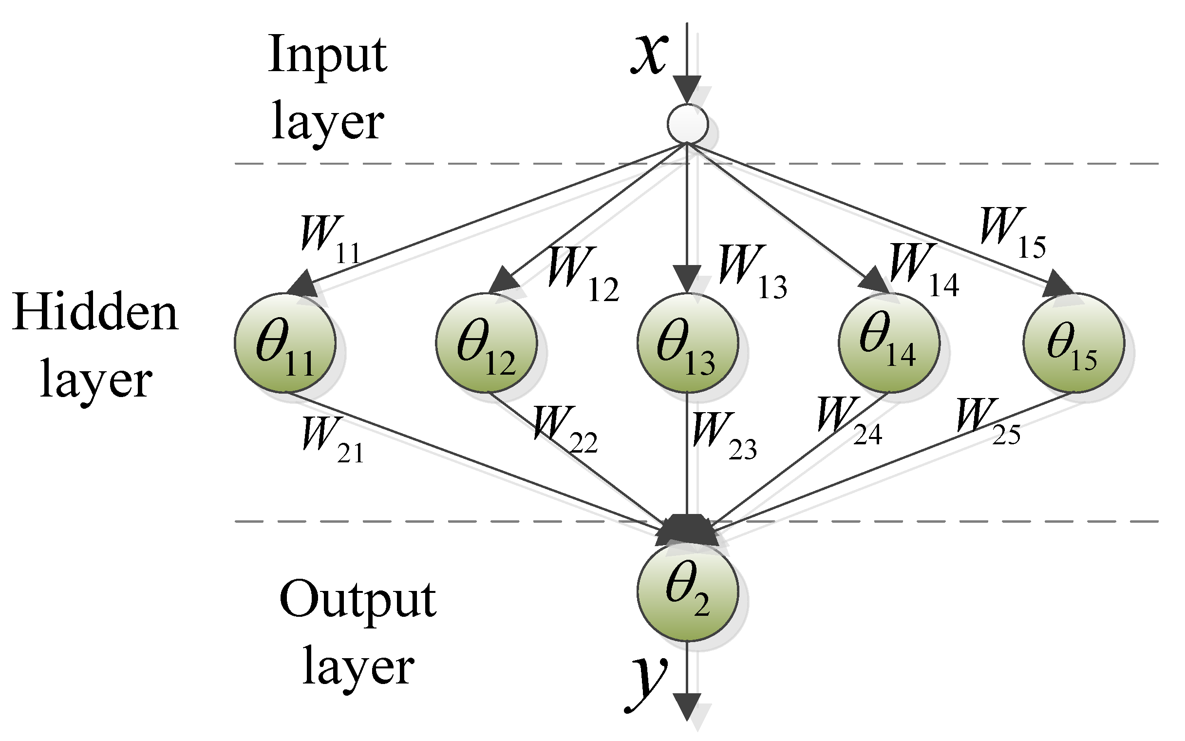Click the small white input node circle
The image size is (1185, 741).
coord(687,124)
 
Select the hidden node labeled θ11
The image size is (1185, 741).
coord(284,342)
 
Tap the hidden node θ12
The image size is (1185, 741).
coord(486,342)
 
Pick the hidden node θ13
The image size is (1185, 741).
coord(687,342)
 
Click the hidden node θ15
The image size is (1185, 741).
coord(1073,342)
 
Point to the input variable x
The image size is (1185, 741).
coord(649,54)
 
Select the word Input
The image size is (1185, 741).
coord(327,55)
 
